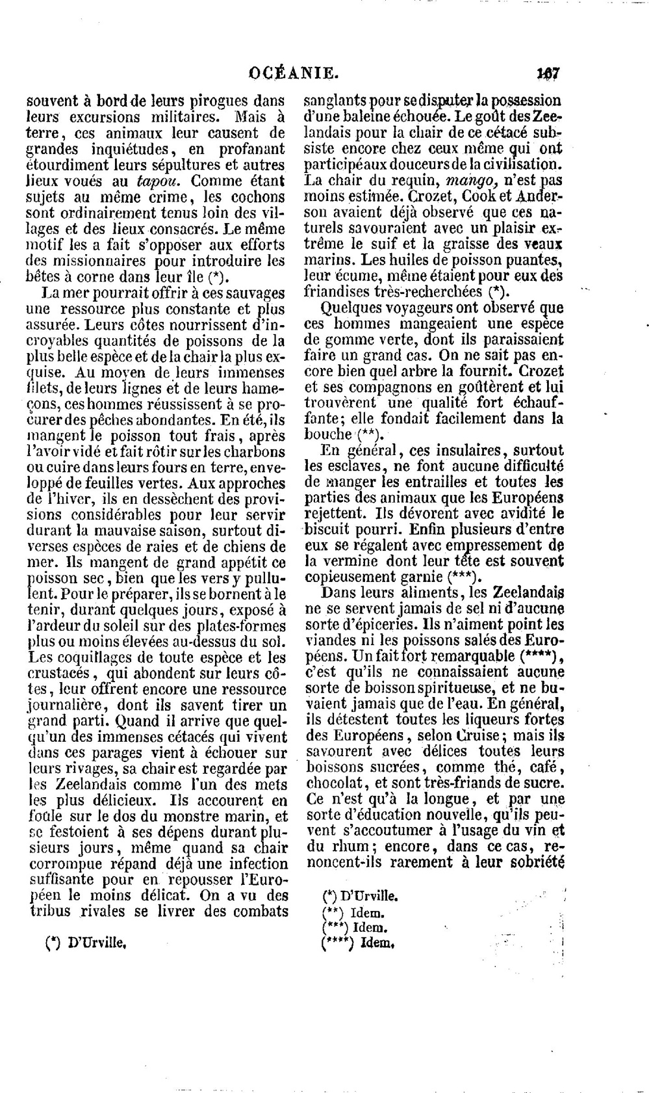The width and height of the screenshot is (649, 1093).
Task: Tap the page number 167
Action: click(x=548, y=73)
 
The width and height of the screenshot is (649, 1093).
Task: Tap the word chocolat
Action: click(x=335, y=783)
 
